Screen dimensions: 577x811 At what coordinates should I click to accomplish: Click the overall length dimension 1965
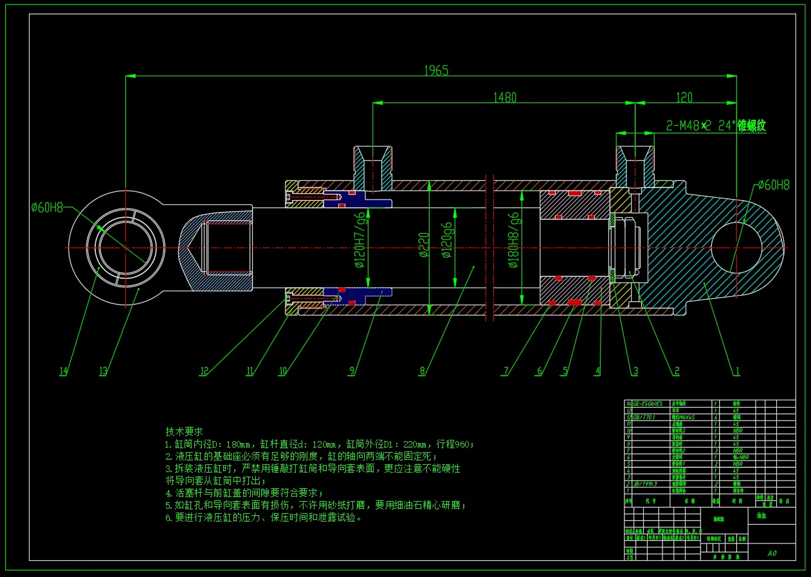point(435,70)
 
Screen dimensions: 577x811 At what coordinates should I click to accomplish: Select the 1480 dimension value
point(504,97)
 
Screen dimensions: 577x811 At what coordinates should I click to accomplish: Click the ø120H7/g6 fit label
point(361,247)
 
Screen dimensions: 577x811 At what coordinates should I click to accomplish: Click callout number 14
point(63,371)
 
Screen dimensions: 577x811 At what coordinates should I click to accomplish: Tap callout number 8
point(422,371)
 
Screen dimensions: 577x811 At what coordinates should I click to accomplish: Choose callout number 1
point(737,371)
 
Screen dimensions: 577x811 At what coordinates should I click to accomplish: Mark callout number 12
point(205,371)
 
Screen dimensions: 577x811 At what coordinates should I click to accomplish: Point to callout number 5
point(565,371)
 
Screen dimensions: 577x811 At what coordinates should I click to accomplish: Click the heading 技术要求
point(184,431)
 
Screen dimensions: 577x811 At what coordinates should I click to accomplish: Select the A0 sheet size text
point(772,553)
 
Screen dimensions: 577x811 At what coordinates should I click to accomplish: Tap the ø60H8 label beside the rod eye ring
point(47,207)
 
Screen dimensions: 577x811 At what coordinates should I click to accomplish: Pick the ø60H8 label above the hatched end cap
point(773,185)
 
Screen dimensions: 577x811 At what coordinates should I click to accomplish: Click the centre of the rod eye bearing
point(125,248)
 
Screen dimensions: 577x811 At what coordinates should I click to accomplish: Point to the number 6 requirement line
point(264,517)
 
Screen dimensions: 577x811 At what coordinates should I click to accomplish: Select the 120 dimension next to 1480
point(684,97)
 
